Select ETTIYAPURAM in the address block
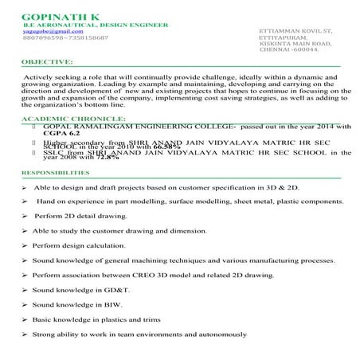click(285, 37)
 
